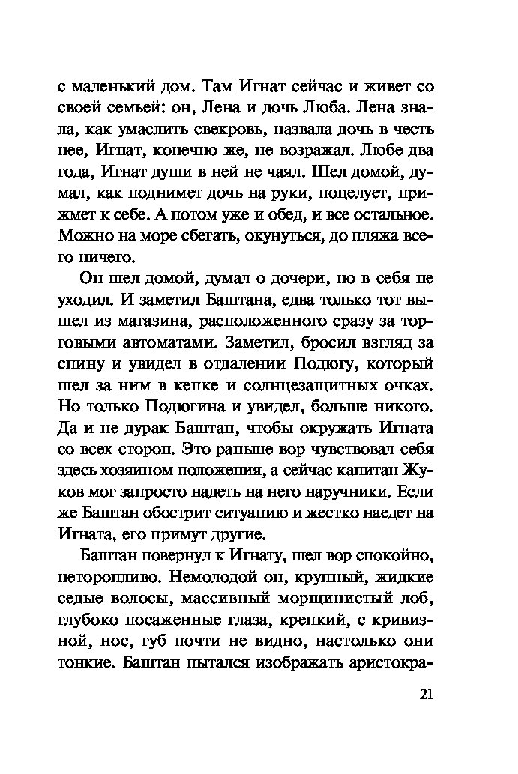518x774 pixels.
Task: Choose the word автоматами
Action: coord(170,345)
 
